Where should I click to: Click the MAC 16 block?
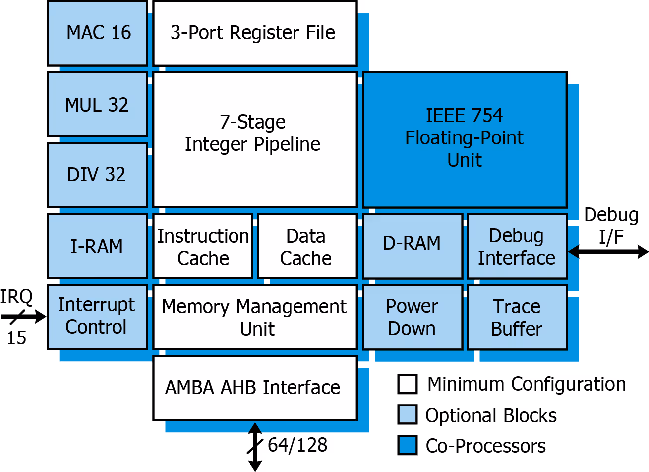[98, 33]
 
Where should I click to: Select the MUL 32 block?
[98, 104]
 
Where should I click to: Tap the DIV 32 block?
[98, 175]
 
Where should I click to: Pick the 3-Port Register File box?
[255, 33]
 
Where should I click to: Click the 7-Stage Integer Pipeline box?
[255, 139]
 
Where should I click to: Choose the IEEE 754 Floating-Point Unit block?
[465, 139]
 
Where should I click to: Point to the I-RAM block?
[98, 246]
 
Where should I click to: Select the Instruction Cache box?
[203, 246]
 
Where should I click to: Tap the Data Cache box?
[307, 246]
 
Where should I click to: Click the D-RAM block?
[413, 246]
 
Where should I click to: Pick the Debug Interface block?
[517, 246]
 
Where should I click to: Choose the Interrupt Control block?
[98, 317]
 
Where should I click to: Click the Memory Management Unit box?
[255, 317]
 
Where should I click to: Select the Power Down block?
[413, 317]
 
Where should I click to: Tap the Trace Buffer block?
[517, 317]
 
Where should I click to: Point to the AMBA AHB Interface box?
[255, 388]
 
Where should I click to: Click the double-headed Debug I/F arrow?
[608, 252]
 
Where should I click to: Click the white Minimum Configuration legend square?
[408, 384]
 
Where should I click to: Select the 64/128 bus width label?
[297, 445]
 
